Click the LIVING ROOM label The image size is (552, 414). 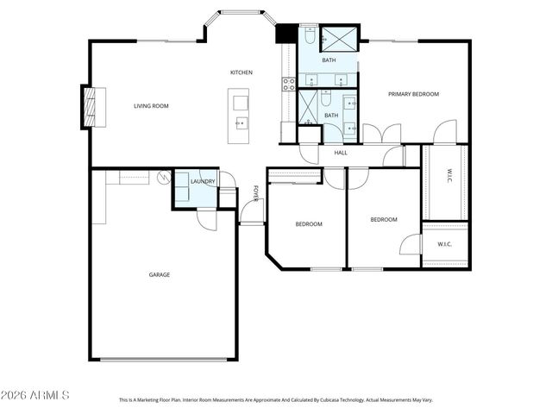coord(151,106)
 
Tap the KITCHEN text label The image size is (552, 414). coord(241,72)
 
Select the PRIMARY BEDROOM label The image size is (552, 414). coord(413,94)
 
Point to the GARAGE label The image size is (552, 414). coord(159,274)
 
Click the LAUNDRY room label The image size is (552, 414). coord(203,181)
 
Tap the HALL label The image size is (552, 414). coord(341,153)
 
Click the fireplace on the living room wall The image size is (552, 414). coord(88,107)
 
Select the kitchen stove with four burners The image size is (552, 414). coord(289,84)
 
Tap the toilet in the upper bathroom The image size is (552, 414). coord(308,36)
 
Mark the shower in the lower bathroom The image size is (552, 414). coord(309,103)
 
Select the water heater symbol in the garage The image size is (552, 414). coord(162,177)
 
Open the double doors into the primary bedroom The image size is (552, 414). coord(381,134)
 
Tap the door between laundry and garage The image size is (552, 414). coord(207,218)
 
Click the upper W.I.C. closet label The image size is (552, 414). coord(449,179)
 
